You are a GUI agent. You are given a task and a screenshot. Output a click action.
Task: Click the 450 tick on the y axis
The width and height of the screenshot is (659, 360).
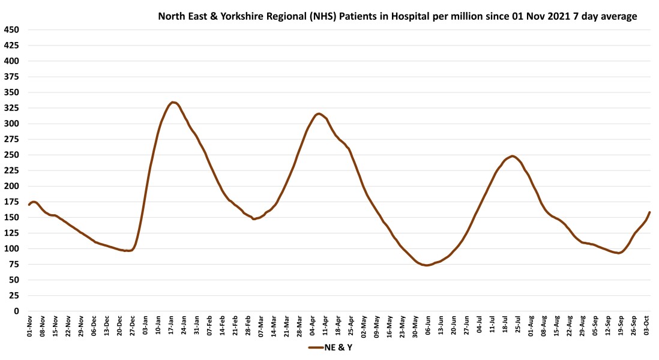click(11, 30)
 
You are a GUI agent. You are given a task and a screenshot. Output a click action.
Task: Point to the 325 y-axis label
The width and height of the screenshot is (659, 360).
click(11, 108)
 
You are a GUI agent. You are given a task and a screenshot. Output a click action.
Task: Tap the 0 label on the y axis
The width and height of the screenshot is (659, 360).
click(16, 311)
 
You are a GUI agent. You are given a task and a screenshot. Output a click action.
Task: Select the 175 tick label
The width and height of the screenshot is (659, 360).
click(11, 202)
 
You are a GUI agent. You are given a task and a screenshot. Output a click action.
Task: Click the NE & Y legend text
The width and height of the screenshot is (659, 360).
click(339, 348)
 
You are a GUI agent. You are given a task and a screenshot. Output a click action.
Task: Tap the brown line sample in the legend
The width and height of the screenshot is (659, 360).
click(316, 348)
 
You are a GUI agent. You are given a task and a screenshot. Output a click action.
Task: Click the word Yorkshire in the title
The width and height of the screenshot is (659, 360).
click(241, 16)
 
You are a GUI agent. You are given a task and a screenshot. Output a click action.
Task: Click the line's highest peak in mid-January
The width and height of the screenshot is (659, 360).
click(173, 102)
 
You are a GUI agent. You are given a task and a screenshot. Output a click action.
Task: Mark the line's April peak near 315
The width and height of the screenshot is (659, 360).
click(318, 113)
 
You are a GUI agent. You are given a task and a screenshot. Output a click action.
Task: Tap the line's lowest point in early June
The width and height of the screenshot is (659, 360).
click(427, 265)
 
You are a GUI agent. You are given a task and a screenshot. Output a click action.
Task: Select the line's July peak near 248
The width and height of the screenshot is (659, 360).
click(512, 156)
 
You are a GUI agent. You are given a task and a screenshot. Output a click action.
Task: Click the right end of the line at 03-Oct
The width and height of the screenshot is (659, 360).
click(649, 212)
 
